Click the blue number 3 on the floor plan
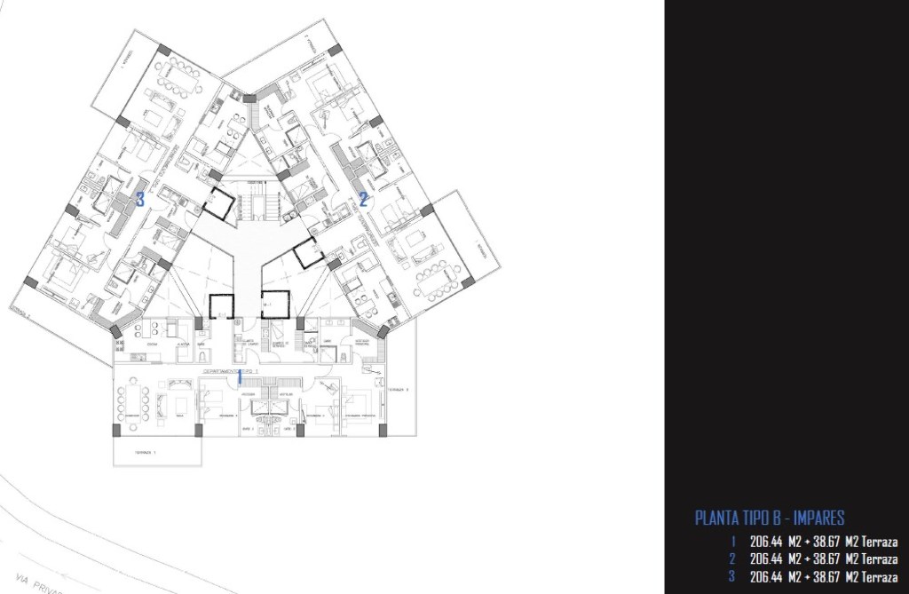[140, 200]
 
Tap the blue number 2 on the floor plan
[364, 199]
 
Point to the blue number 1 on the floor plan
[239, 376]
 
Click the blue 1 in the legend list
[732, 542]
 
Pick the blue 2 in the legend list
[732, 558]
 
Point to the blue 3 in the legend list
[732, 576]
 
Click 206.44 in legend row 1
[766, 542]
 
